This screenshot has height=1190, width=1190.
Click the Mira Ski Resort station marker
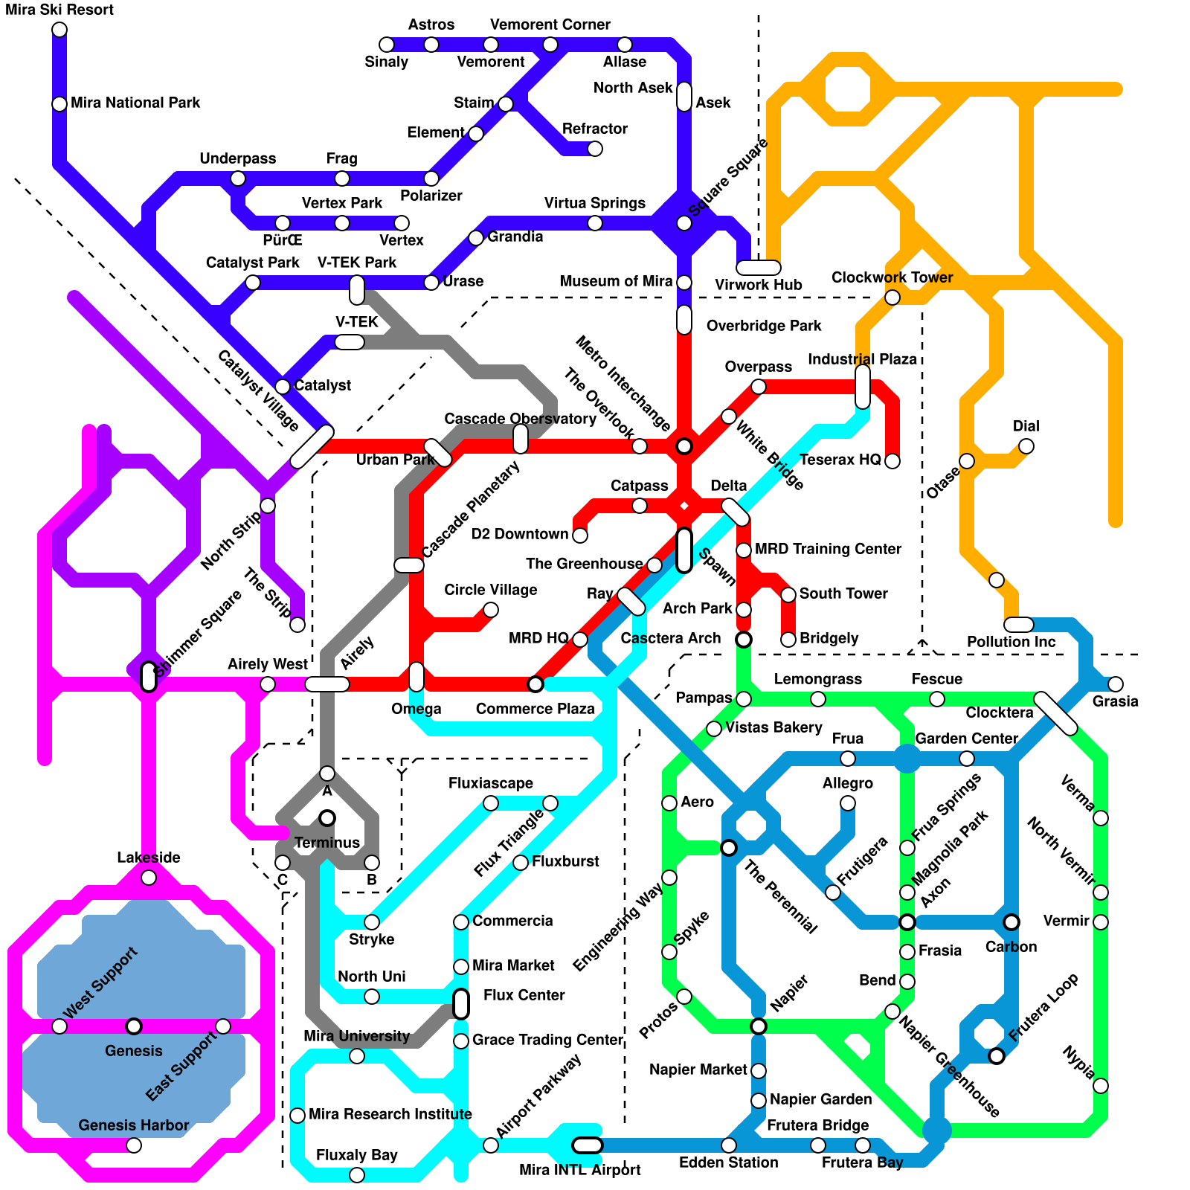click(x=59, y=30)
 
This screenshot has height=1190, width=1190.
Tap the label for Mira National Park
click(x=135, y=103)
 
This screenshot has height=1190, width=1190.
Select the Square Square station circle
click(x=684, y=223)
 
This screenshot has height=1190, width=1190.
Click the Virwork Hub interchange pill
click(x=758, y=268)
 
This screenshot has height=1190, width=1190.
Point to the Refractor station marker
click(x=595, y=149)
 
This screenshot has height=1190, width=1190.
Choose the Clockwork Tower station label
click(x=892, y=277)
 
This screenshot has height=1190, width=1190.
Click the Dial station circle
click(x=1026, y=446)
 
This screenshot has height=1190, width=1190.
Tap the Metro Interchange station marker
click(x=684, y=446)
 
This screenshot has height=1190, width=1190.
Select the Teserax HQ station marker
click(x=892, y=461)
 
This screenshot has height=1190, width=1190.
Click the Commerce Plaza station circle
click(x=535, y=684)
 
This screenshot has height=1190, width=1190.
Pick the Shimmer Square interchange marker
click(x=149, y=677)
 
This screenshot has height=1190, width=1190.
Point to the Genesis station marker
click(x=134, y=1026)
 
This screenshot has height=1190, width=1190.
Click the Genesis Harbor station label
click(x=134, y=1125)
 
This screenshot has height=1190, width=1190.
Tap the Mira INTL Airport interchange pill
click(x=588, y=1145)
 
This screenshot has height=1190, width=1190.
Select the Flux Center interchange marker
click(x=461, y=1004)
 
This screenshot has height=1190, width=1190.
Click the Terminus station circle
click(x=327, y=818)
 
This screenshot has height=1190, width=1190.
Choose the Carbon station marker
click(x=1011, y=922)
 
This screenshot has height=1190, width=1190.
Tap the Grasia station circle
click(x=1116, y=684)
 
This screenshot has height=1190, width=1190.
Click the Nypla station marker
click(x=1101, y=1086)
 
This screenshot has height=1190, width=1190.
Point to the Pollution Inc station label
click(x=1011, y=642)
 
